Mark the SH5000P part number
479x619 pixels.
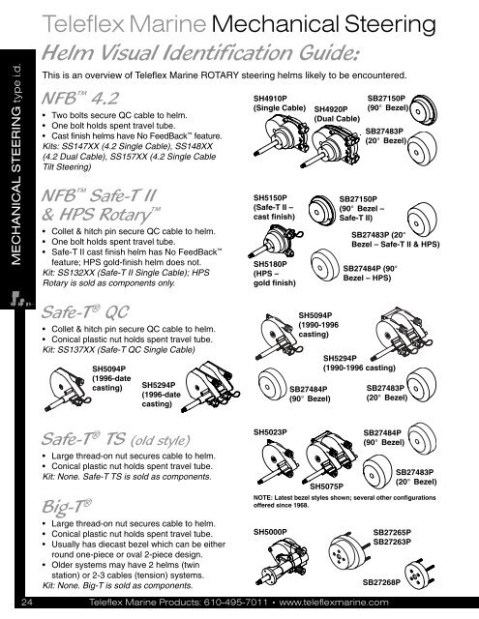272,531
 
